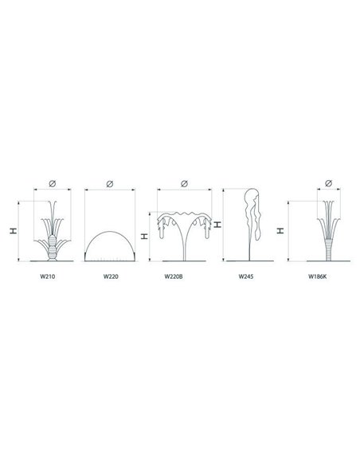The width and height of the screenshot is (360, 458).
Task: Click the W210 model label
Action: (47, 276)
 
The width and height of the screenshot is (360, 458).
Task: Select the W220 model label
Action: (111, 276)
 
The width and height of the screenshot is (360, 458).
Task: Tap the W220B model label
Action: (174, 276)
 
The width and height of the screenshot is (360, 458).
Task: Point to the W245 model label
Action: (246, 276)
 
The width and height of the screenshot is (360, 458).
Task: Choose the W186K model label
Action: (317, 276)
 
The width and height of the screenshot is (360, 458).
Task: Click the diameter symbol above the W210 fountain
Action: (53, 183)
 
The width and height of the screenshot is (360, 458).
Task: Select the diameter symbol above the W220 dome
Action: (110, 183)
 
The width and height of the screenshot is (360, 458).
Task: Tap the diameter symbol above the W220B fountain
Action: (184, 183)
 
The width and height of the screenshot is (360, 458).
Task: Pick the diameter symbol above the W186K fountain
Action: (328, 183)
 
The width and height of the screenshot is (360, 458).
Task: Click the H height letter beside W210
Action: (14, 231)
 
